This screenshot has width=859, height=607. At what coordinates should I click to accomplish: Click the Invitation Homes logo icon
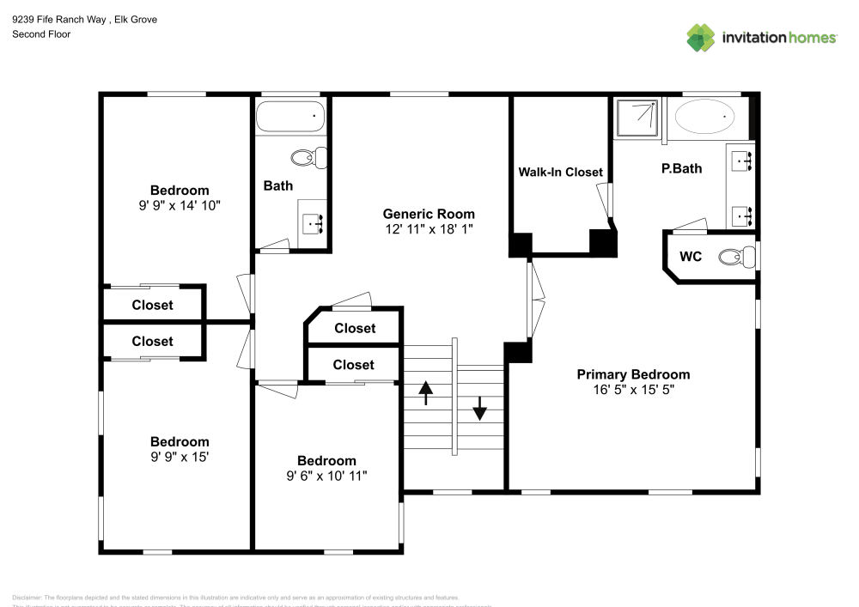click(700, 37)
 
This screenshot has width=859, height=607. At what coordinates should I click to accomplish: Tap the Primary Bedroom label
click(633, 374)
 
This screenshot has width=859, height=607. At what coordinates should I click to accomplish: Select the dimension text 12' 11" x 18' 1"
click(429, 229)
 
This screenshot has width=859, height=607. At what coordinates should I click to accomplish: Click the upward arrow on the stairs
click(426, 394)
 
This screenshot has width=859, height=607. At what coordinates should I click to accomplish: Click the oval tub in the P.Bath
click(705, 114)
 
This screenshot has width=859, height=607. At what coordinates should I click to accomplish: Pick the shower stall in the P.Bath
click(637, 118)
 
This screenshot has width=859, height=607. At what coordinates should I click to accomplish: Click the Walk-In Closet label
click(560, 172)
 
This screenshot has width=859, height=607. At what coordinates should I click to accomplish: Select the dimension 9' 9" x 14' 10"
click(180, 205)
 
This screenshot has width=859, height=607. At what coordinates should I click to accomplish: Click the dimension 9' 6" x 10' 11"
click(326, 476)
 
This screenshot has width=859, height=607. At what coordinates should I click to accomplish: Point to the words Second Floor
click(41, 34)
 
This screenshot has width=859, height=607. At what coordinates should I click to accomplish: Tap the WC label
click(691, 256)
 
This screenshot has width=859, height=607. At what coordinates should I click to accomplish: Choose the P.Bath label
click(681, 168)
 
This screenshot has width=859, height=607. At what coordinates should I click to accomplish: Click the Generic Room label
click(429, 214)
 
